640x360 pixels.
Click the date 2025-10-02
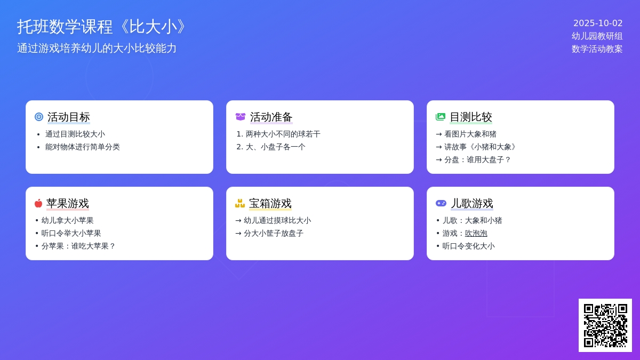click(598, 23)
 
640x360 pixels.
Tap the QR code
click(605, 325)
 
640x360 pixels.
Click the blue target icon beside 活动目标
click(39, 117)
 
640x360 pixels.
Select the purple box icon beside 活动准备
click(241, 117)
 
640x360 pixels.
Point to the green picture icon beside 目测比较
click(441, 117)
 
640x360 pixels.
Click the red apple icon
click(38, 203)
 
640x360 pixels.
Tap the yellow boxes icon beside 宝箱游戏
click(240, 203)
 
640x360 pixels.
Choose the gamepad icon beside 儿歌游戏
click(441, 203)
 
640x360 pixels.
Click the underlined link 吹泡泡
click(476, 234)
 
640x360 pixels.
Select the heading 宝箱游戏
click(270, 204)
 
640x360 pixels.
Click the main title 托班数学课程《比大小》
click(101, 27)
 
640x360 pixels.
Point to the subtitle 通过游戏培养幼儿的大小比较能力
click(97, 49)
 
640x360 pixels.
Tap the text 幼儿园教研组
click(597, 36)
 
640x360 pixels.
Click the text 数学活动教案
click(597, 49)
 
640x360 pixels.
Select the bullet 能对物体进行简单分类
click(82, 147)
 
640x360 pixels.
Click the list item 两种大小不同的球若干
click(283, 134)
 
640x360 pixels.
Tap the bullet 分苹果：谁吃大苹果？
click(78, 246)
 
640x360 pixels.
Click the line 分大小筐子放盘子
click(274, 234)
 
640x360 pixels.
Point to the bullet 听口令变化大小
click(469, 246)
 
